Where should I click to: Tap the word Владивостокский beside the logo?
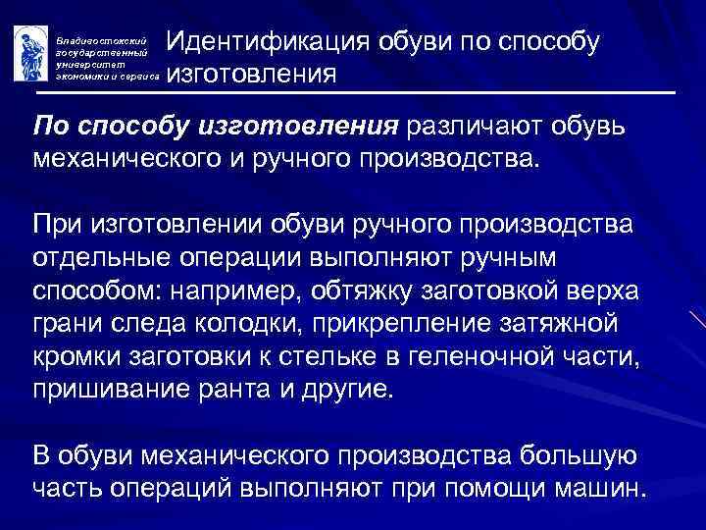pyautogui.click(x=98, y=33)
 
